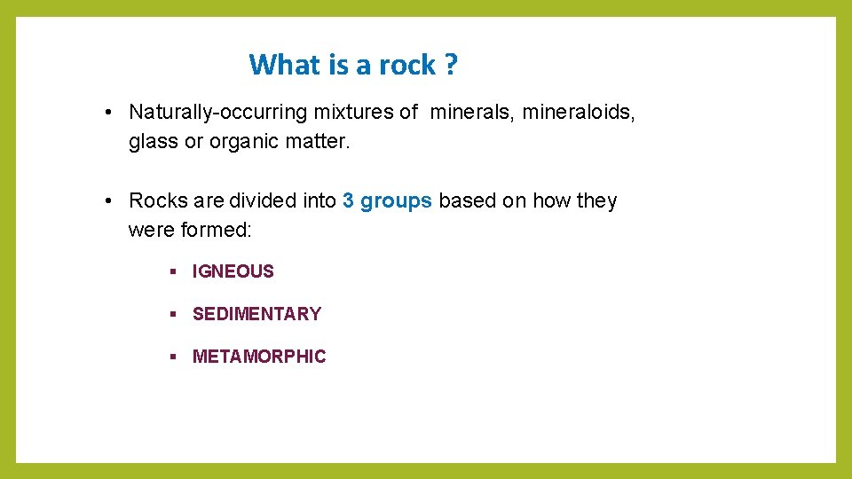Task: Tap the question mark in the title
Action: pos(452,65)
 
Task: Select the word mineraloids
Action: pos(579,113)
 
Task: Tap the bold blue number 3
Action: pos(348,201)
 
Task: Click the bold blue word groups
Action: pos(396,201)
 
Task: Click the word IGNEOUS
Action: pos(233,271)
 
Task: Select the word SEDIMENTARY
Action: pos(256,314)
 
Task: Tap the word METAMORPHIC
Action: pos(259,357)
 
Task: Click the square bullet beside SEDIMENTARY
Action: pos(174,314)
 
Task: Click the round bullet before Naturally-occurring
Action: pos(106,113)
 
